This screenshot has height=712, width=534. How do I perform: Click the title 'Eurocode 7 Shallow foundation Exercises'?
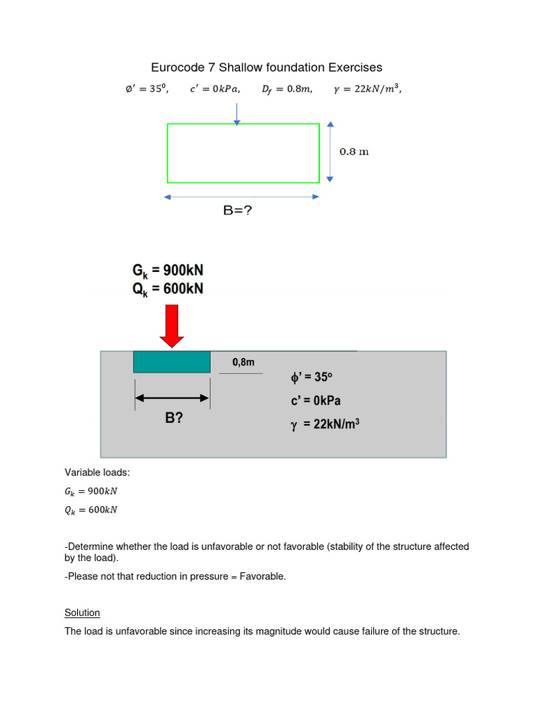click(x=266, y=67)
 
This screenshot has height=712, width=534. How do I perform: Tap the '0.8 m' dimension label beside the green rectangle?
click(x=354, y=152)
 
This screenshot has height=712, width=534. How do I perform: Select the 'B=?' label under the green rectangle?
click(x=237, y=210)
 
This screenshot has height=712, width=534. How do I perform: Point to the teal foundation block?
click(x=172, y=362)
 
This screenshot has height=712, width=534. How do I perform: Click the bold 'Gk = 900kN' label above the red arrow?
click(x=168, y=270)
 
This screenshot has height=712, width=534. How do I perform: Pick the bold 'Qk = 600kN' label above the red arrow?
click(x=168, y=289)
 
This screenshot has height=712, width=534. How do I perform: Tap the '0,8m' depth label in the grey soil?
click(x=243, y=362)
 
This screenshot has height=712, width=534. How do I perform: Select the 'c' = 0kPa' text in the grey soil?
click(x=316, y=400)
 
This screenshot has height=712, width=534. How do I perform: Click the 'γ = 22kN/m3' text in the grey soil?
click(x=325, y=424)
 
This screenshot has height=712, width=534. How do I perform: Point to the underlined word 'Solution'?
click(x=82, y=613)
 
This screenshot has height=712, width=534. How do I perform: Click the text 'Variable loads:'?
click(x=97, y=473)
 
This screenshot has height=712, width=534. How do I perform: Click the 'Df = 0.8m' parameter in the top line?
click(x=286, y=89)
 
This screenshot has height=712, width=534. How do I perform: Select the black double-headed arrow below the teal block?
click(x=172, y=398)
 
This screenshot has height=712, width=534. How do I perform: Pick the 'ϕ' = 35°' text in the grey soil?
click(x=311, y=378)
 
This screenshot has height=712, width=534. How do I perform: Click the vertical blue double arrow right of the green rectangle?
click(x=330, y=152)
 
